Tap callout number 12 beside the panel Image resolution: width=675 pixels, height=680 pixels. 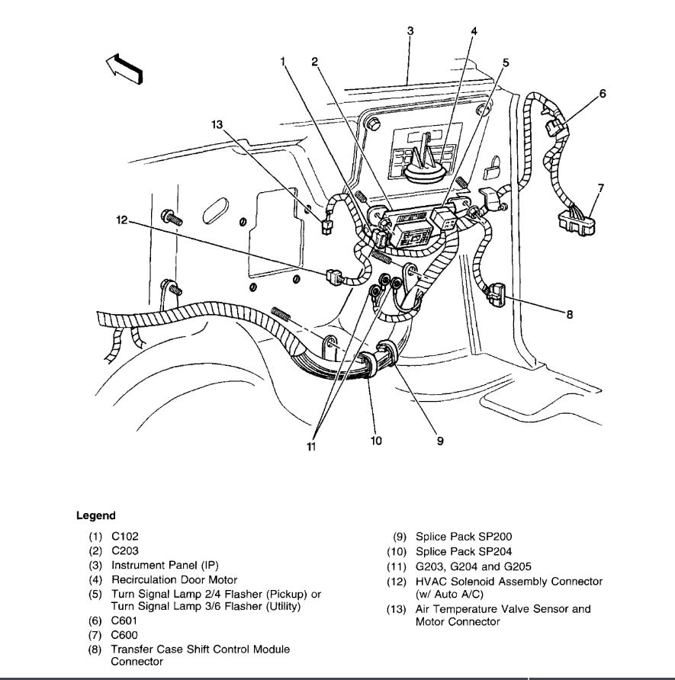(x=121, y=221)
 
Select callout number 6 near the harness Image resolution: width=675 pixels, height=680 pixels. (x=603, y=95)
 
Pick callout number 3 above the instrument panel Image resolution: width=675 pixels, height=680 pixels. (x=410, y=31)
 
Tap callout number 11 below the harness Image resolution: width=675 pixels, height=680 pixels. (x=310, y=447)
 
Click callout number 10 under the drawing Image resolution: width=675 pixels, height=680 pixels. (x=376, y=440)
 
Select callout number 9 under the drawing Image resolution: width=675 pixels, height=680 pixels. (x=440, y=440)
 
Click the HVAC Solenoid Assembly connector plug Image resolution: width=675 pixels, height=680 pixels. (x=333, y=274)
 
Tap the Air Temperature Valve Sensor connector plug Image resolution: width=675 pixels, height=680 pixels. (x=326, y=226)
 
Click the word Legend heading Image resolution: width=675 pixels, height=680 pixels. (x=96, y=516)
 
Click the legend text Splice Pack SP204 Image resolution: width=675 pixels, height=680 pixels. (x=464, y=551)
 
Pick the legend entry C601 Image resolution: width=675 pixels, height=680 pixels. (x=125, y=621)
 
